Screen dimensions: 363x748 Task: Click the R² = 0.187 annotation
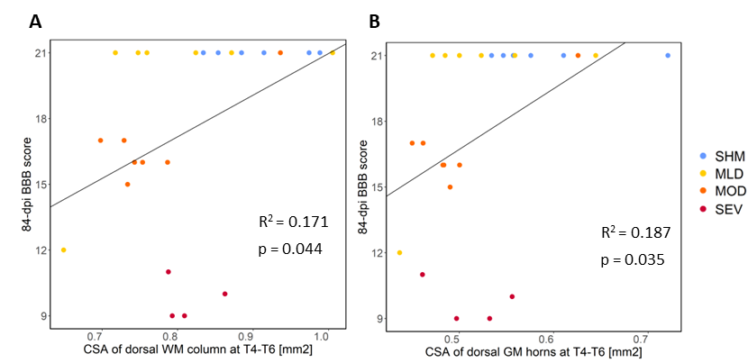pos(635,233)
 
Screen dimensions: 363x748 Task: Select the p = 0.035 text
pos(633,260)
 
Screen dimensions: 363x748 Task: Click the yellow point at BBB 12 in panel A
pos(63,250)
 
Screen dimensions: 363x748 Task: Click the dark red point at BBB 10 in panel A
pos(224,294)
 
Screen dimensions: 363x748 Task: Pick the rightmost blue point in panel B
pos(668,56)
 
